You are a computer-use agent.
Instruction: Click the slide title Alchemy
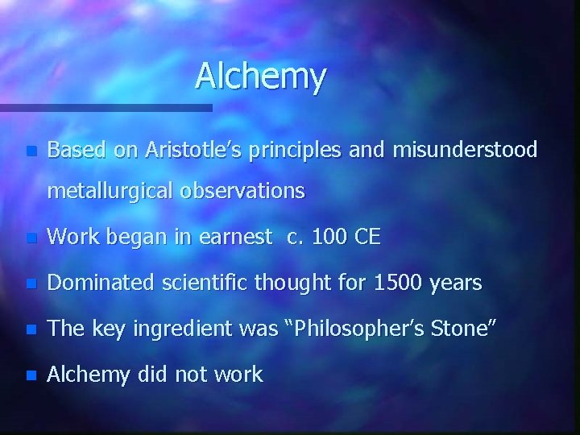coord(260,77)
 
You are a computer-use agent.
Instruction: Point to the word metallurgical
coord(111,191)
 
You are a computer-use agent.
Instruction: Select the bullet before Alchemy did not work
coord(31,375)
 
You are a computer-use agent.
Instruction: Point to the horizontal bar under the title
coord(105,106)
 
